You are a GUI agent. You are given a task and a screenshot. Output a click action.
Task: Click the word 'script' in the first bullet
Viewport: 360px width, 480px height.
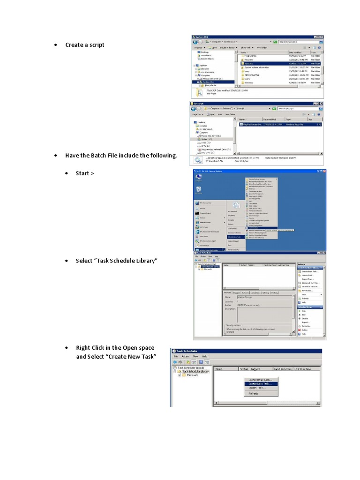96,45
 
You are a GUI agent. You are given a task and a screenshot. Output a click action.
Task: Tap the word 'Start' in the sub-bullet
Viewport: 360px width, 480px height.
82,173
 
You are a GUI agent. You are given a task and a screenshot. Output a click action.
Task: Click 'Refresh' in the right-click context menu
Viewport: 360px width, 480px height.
254,394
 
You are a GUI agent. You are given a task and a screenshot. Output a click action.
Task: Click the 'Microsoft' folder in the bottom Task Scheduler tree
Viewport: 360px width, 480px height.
192,375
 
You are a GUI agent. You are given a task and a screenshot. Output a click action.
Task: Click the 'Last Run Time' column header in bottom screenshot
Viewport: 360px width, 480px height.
302,369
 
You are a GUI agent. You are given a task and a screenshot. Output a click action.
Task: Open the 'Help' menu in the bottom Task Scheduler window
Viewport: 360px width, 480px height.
205,356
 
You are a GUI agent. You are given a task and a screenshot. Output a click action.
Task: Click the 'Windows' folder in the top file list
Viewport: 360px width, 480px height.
249,82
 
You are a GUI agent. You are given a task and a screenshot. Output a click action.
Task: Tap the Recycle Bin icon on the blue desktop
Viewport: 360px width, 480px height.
199,189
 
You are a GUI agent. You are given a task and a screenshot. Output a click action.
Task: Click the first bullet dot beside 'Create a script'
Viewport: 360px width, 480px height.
56,45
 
